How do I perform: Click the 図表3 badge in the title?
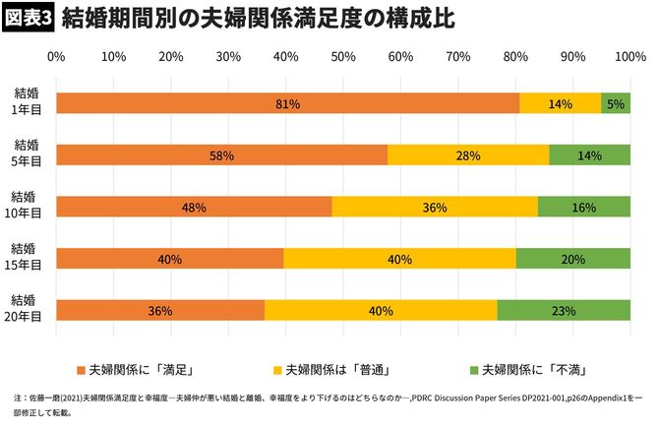tap(29, 19)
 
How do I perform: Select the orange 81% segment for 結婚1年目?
tap(287, 102)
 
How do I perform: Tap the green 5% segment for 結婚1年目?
tap(616, 102)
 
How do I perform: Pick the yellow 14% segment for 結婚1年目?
tap(560, 102)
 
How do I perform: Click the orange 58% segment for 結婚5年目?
tap(222, 154)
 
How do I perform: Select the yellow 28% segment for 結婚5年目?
tap(468, 154)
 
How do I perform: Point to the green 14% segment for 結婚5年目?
tap(589, 154)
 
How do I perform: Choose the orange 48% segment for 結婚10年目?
tap(194, 207)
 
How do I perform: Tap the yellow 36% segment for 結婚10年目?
tap(435, 207)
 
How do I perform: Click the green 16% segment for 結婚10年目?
tap(584, 207)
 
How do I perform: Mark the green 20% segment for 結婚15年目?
tap(572, 258)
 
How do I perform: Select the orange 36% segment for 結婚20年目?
tap(160, 310)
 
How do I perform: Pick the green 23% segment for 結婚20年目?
tap(564, 310)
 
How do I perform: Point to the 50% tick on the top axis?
tap(343, 57)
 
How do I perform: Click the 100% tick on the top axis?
tap(629, 57)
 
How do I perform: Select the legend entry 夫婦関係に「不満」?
tap(539, 371)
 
